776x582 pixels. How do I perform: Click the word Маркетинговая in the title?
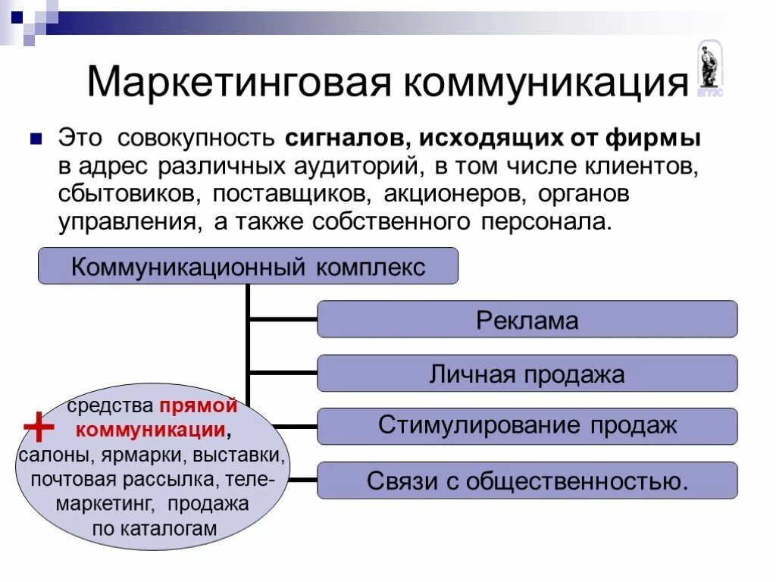[239, 83]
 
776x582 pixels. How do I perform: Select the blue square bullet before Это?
[36, 139]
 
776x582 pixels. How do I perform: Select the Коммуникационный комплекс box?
[248, 266]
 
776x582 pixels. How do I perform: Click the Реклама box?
[527, 319]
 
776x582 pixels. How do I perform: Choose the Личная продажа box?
[527, 374]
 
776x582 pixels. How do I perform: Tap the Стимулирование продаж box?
[527, 426]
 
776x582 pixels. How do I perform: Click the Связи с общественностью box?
[527, 480]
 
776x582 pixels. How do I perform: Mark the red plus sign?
[39, 429]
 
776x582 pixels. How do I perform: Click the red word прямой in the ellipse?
[198, 406]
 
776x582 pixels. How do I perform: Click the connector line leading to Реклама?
[283, 319]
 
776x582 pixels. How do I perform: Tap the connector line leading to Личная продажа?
[283, 373]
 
